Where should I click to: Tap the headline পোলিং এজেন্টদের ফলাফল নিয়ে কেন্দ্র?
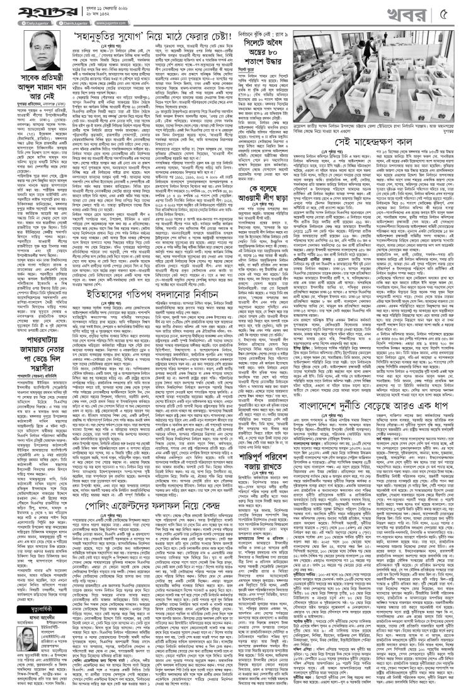coord(164,518)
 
